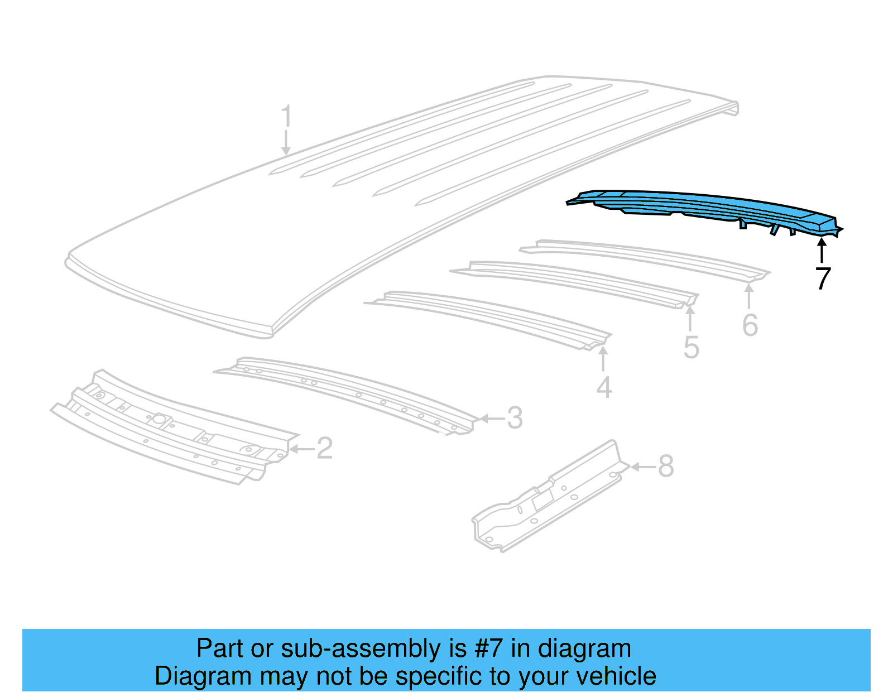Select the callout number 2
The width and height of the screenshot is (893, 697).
click(x=325, y=448)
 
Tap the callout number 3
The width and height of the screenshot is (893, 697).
click(x=515, y=418)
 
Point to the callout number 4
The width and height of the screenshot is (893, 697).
click(x=604, y=387)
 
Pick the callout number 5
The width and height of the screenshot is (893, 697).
click(x=691, y=348)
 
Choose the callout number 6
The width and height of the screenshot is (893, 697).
click(x=750, y=325)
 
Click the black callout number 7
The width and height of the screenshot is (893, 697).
click(x=823, y=278)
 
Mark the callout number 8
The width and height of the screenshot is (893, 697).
click(x=666, y=466)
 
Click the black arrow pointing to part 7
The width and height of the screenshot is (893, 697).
click(x=822, y=250)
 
